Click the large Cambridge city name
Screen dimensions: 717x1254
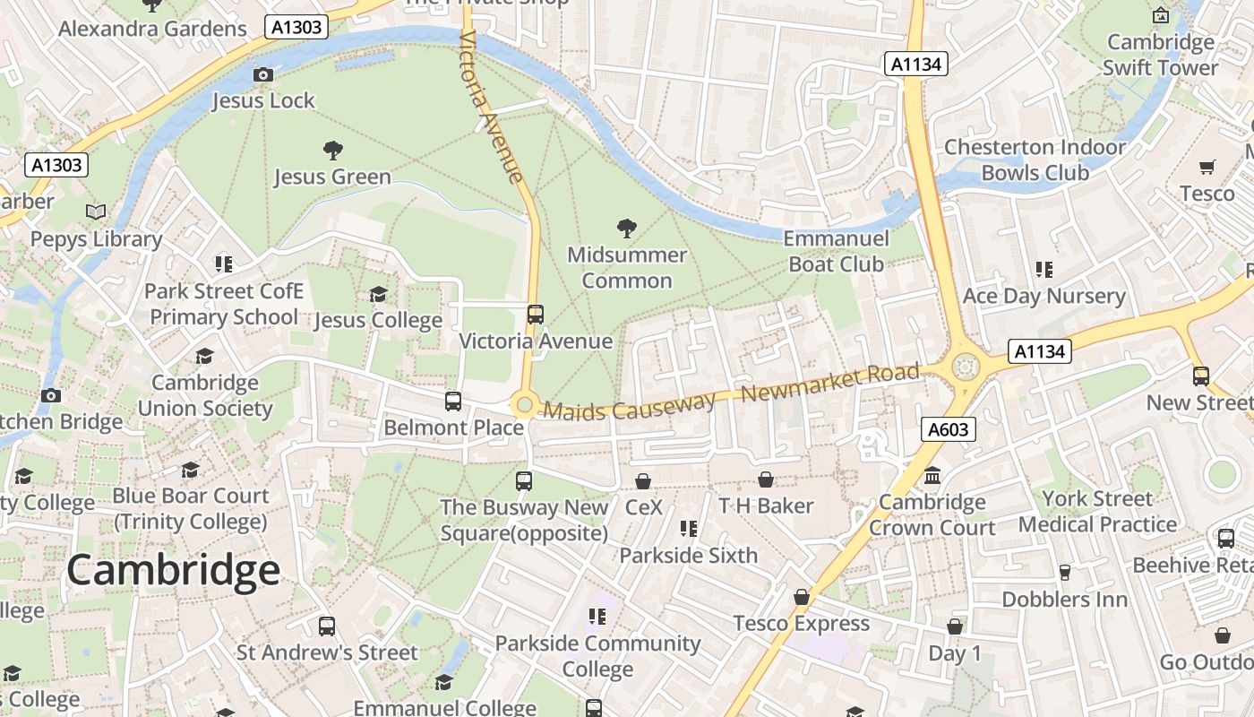[173, 570]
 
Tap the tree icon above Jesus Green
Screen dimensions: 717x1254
[332, 150]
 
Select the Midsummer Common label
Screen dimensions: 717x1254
[627, 268]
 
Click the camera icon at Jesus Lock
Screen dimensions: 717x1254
[263, 74]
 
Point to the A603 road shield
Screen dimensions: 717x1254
[948, 429]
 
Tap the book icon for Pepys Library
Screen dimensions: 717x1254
[96, 212]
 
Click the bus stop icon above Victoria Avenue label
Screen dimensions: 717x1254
[536, 315]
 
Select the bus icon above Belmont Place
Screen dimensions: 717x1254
[453, 401]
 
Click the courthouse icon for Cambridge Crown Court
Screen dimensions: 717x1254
[932, 475]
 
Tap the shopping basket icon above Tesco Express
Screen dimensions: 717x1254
[802, 597]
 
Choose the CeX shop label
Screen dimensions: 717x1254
[643, 507]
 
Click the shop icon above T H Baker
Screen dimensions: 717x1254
[766, 479]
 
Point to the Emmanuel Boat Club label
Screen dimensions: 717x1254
[836, 251]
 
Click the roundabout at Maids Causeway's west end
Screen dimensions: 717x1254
[524, 406]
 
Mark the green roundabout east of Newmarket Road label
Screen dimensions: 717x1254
[965, 366]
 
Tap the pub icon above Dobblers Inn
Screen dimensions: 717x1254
[1065, 572]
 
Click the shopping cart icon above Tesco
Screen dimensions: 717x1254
[1207, 167]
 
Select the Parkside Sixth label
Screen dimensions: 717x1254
[688, 555]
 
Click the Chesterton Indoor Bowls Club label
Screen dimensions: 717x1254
[1035, 160]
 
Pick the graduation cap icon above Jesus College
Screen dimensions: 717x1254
[378, 294]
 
